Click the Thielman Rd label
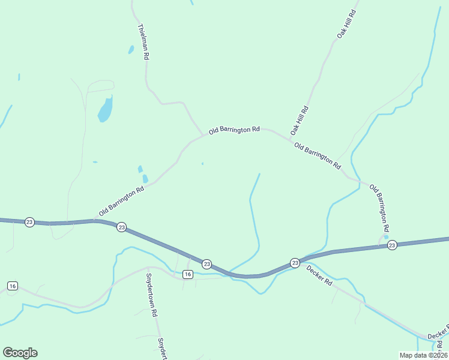143,41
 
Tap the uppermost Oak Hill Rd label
346,25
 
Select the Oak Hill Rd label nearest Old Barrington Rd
299,120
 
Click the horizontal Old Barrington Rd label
234,130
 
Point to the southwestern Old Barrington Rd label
122,201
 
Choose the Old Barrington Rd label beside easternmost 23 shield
379,208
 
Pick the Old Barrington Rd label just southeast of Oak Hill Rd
318,155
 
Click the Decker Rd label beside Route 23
319,275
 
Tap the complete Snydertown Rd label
151,295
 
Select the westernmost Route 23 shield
29,222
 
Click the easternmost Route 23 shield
392,245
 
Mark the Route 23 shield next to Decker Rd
295,263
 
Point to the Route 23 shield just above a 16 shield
206,263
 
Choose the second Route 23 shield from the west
121,227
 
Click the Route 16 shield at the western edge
13,286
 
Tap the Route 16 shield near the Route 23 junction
187,274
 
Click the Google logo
20,353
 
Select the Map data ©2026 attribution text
423,355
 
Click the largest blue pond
105,109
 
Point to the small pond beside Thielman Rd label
131,50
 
